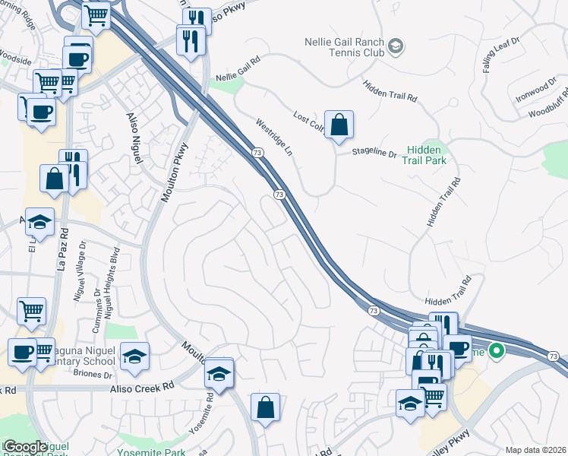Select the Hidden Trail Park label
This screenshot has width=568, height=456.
(428, 155)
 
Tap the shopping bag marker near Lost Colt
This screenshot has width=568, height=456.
(339, 125)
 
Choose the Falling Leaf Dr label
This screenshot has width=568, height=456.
(501, 53)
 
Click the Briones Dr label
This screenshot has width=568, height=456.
(94, 375)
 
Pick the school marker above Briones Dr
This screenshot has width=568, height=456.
(134, 356)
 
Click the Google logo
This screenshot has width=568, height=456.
(24, 447)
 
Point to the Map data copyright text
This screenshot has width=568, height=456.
(535, 450)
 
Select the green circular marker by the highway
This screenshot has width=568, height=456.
(497, 351)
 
